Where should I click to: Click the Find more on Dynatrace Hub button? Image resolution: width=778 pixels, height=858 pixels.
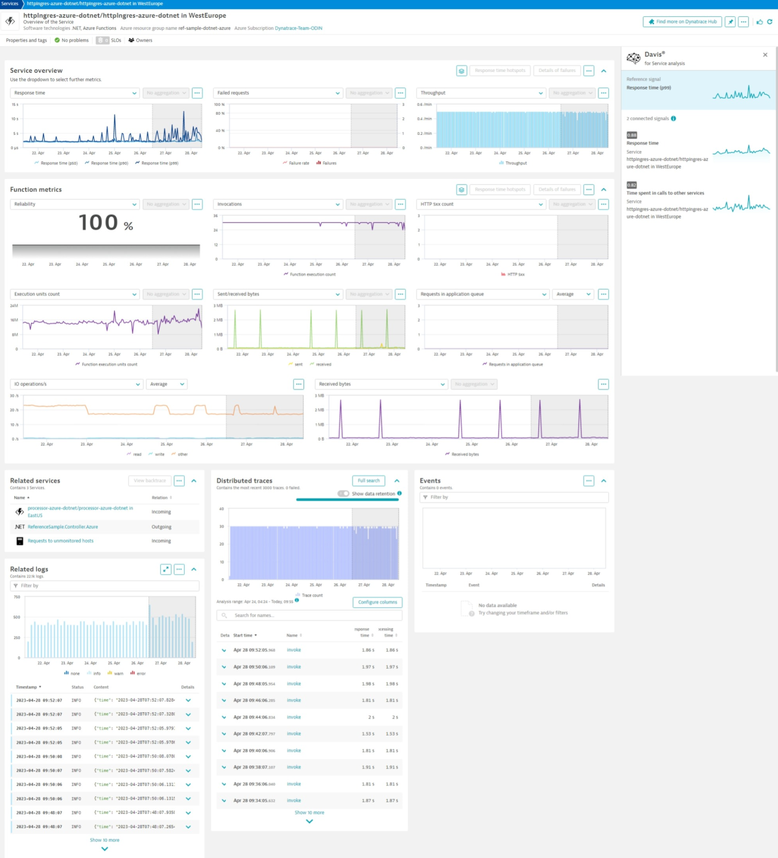pos(683,21)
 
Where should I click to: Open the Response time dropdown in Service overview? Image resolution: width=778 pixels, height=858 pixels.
pos(75,93)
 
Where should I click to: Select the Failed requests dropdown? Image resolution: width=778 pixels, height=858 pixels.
pos(278,93)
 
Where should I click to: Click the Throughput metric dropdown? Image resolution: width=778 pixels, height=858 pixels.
pos(481,93)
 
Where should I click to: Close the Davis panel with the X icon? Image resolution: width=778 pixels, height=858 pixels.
pos(765,55)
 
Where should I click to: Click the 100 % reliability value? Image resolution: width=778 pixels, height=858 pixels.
pos(106,224)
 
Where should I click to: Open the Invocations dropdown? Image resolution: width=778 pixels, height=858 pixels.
pos(278,204)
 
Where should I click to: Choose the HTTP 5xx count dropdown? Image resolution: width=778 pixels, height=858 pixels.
pos(481,204)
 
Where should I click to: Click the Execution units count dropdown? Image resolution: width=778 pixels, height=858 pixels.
pos(75,294)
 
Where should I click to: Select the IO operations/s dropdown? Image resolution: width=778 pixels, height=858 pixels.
pos(77,384)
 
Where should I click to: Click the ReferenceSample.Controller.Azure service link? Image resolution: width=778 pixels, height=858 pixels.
pos(63,527)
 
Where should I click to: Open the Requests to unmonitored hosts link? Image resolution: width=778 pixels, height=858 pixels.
pos(60,540)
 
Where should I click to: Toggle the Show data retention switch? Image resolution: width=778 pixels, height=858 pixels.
pos(344,494)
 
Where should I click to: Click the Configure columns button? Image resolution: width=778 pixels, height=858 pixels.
pos(377,602)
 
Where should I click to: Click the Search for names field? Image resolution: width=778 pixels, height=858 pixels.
pos(310,616)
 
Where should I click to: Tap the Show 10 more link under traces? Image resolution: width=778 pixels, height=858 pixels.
pos(309,813)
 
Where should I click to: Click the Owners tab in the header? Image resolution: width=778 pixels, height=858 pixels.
pos(141,40)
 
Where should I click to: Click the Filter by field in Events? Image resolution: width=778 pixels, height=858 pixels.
pos(514,497)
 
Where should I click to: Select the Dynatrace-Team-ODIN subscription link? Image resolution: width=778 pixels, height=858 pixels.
pos(298,29)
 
